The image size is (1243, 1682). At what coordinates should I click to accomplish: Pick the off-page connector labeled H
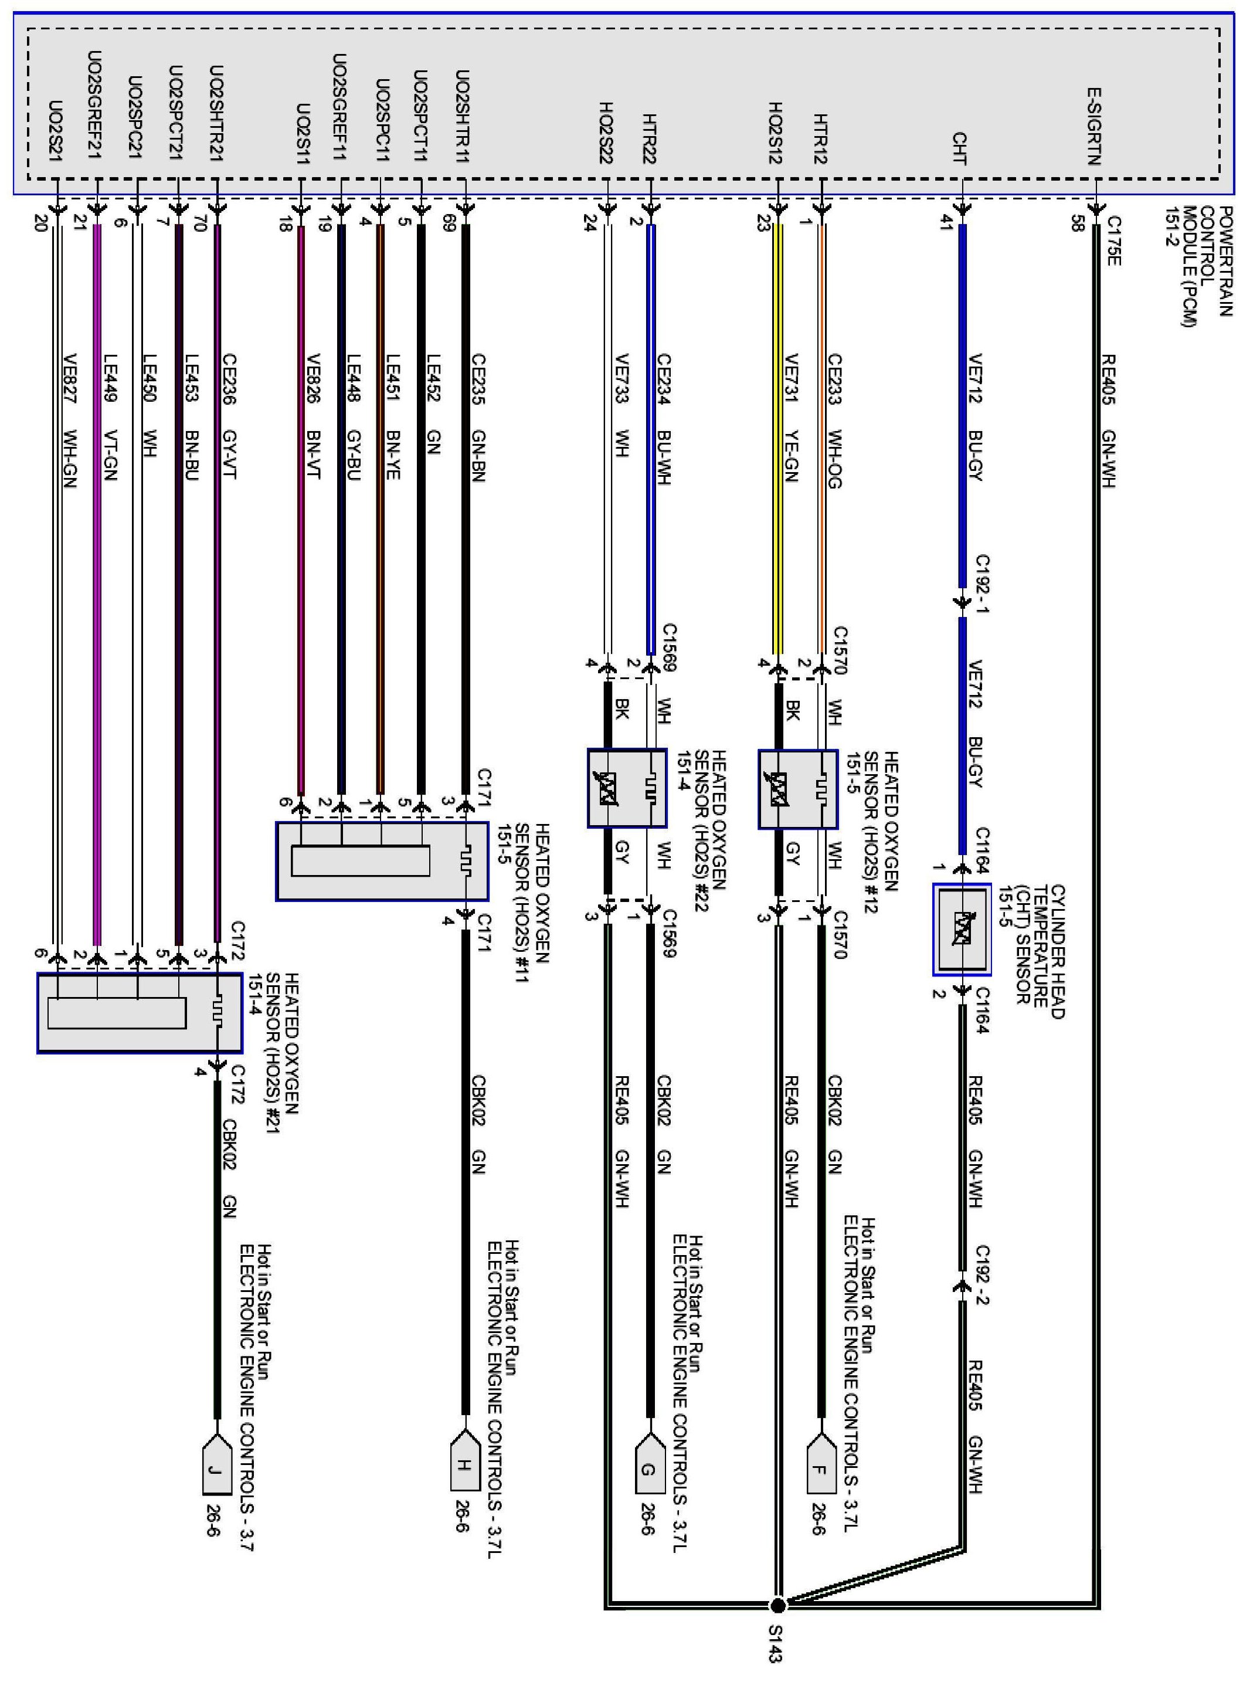(x=465, y=1464)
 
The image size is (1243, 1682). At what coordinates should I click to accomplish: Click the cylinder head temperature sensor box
(x=962, y=930)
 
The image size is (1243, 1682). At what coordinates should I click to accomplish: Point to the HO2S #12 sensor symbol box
(x=797, y=789)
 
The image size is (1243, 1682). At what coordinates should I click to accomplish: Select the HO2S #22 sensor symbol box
(x=627, y=789)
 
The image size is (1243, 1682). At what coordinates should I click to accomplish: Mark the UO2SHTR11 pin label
(x=463, y=117)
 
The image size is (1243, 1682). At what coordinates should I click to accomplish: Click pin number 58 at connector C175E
(x=1078, y=223)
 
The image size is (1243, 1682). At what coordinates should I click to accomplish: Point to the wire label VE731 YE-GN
(x=792, y=418)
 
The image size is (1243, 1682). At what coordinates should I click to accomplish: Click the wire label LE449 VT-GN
(x=111, y=418)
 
